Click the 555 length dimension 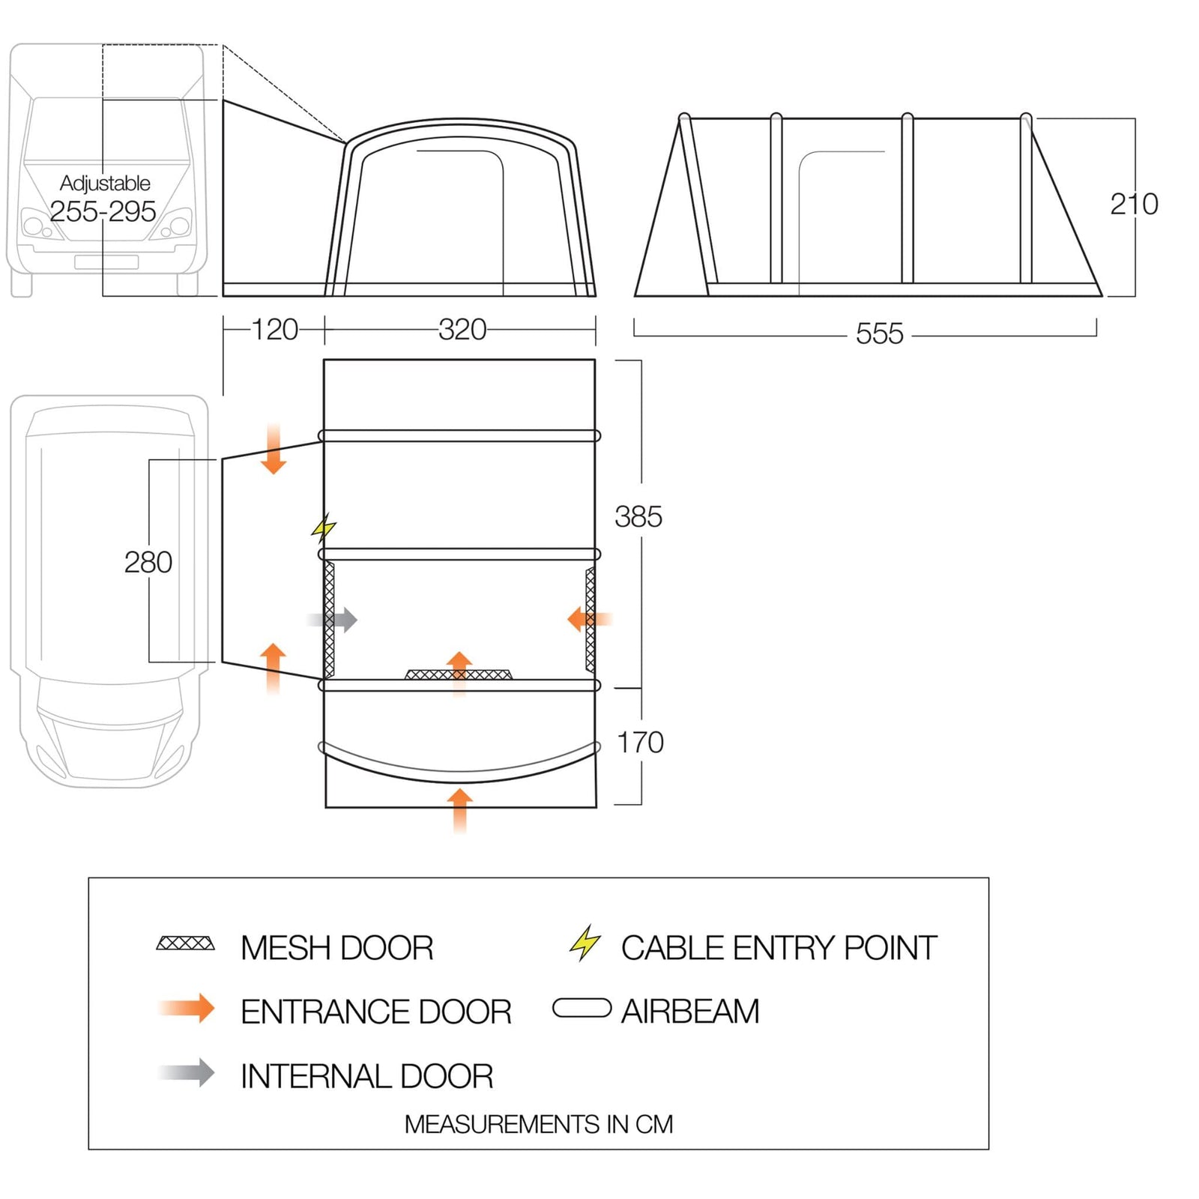(879, 333)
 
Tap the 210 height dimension (1133, 204)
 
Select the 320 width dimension (462, 330)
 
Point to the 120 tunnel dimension (274, 330)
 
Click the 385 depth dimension (638, 517)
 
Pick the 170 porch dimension (639, 743)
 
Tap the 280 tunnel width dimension (148, 562)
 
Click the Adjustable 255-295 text (103, 199)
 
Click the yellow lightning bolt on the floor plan (324, 528)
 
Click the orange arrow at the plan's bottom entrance (459, 809)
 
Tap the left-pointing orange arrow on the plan (589, 619)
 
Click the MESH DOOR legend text (336, 948)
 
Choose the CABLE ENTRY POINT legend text (778, 948)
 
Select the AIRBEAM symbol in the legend (582, 1008)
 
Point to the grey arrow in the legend (188, 1072)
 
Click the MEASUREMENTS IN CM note (538, 1124)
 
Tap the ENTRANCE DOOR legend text (375, 1012)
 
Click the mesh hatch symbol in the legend (185, 943)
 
